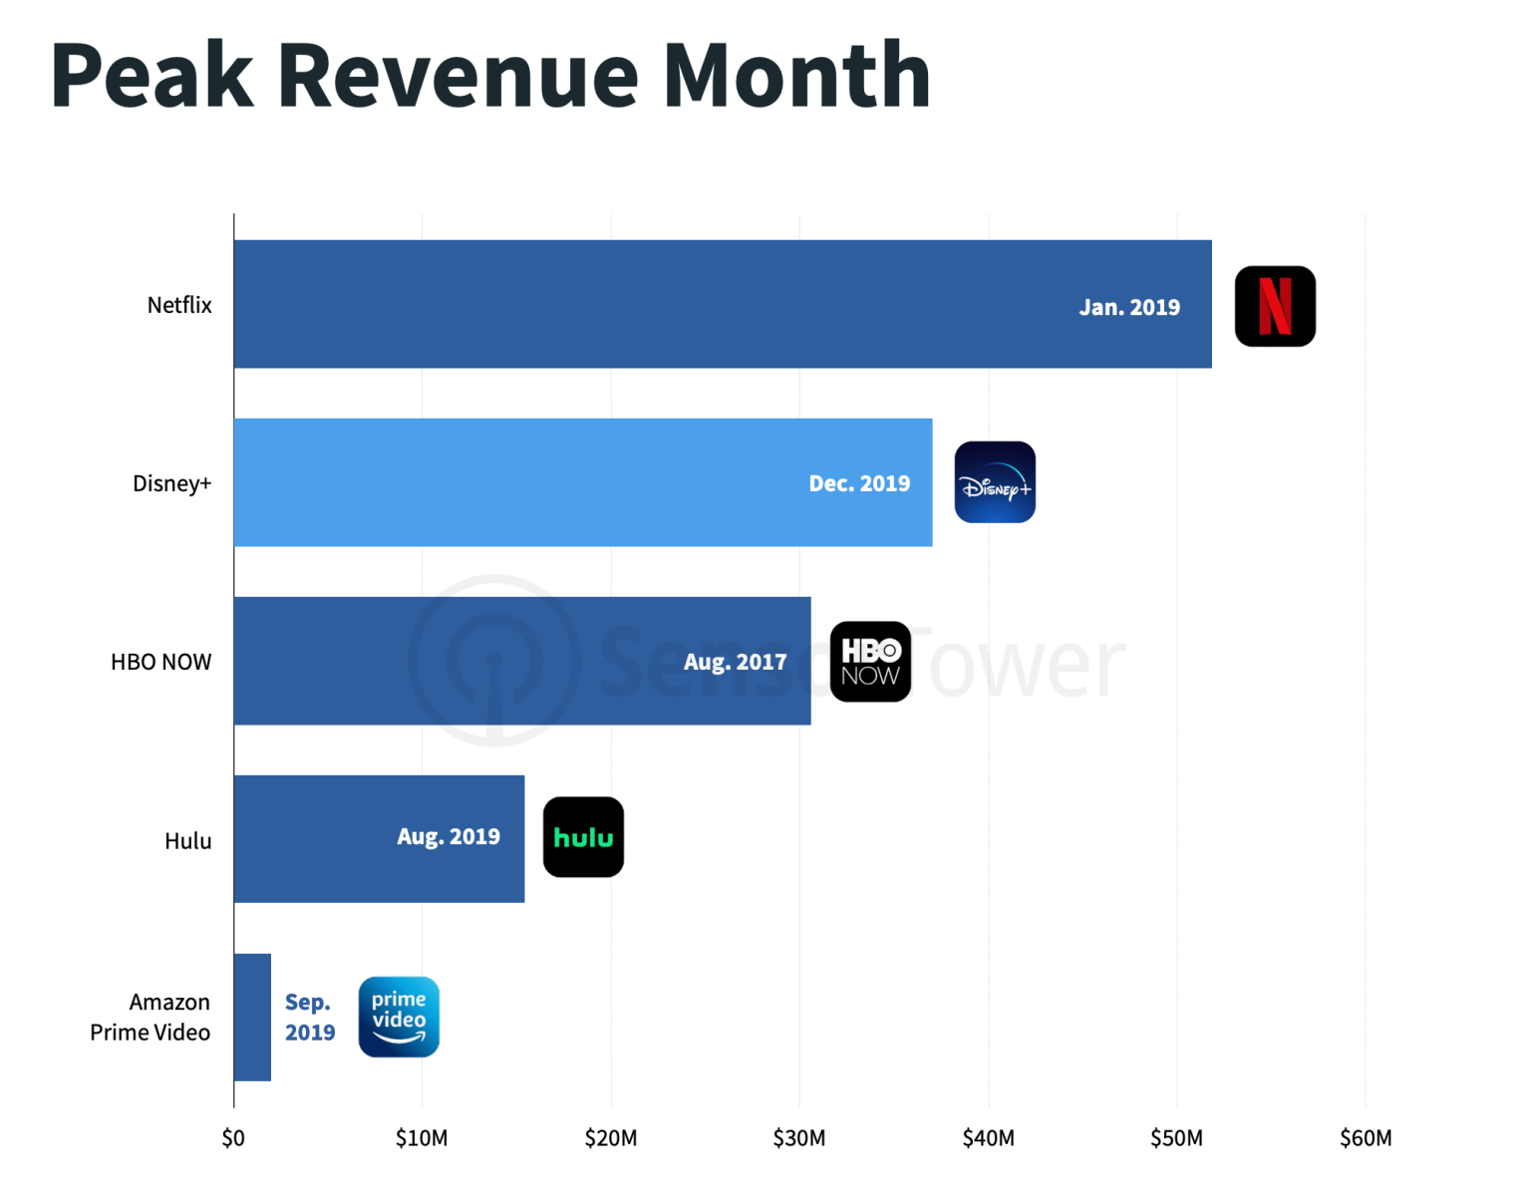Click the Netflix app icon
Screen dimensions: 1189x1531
click(1275, 306)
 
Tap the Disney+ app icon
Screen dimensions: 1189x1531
click(995, 482)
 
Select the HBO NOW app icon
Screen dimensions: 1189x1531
click(870, 662)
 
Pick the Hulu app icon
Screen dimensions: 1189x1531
click(583, 837)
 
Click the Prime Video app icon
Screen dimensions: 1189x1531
click(399, 1017)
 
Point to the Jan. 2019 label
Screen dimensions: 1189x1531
click(1129, 307)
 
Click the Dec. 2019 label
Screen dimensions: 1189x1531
click(859, 483)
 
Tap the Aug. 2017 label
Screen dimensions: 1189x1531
click(735, 662)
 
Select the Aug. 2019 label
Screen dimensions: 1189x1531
click(449, 836)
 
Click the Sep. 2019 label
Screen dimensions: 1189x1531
click(310, 1017)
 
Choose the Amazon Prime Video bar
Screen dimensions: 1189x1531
click(252, 1017)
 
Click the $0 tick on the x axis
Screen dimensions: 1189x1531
click(233, 1138)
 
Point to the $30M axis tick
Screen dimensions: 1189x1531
click(799, 1138)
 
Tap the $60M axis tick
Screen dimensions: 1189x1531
click(1366, 1138)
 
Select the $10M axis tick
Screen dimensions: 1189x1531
click(422, 1138)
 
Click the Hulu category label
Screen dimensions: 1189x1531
click(187, 841)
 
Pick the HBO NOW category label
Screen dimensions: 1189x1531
click(160, 662)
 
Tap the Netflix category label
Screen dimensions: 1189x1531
click(179, 305)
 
